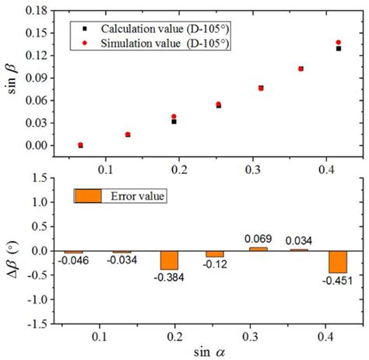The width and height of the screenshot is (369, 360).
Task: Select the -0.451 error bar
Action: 337,261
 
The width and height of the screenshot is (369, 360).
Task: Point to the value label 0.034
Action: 300,240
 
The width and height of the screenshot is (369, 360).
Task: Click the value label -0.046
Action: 74,261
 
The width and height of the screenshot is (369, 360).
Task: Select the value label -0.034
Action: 121,260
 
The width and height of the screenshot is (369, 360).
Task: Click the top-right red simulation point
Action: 338,43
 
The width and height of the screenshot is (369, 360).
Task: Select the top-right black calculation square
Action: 338,49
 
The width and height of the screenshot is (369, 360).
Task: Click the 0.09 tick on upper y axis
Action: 38,79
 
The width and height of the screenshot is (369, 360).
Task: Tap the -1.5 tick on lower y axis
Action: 40,323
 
